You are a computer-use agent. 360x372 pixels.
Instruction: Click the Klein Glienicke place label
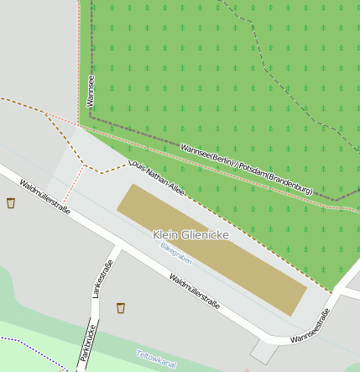tap(191, 235)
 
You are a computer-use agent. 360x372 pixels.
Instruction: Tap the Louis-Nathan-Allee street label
tap(159, 171)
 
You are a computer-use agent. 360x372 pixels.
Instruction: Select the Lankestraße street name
tap(103, 280)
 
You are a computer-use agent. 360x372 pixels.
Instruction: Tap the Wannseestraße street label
tap(310, 326)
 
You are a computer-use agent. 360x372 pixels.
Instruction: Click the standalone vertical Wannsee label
tap(91, 91)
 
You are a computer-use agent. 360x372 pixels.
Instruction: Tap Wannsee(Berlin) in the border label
tap(206, 156)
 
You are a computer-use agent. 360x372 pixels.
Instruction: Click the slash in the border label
tap(236, 166)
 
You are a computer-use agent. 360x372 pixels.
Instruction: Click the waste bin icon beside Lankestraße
tap(121, 307)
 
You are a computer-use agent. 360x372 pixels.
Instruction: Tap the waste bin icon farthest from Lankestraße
tap(11, 202)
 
